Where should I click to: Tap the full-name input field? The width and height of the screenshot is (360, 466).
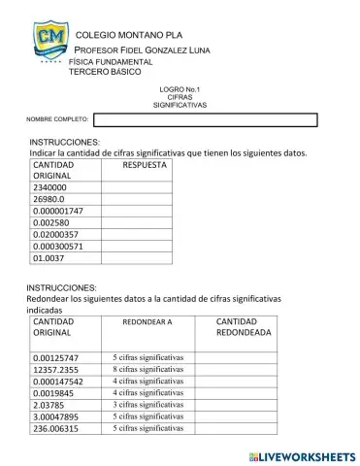(x=205, y=120)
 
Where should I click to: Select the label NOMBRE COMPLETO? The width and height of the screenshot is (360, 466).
(x=57, y=120)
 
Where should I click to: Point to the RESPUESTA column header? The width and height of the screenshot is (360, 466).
(x=145, y=165)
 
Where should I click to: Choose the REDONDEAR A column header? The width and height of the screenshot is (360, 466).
(x=147, y=321)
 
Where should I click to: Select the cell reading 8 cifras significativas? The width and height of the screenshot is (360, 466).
(x=147, y=369)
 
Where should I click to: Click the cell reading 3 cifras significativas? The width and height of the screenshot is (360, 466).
(x=147, y=404)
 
